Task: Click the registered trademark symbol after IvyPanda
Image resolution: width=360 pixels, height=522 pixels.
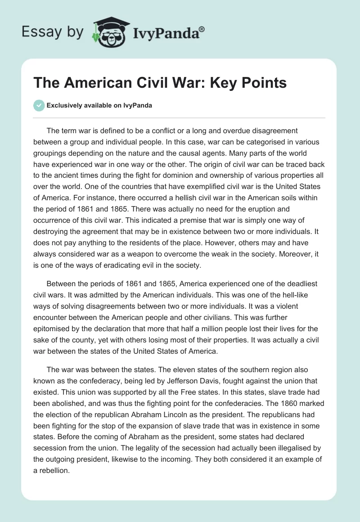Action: pos(202,29)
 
